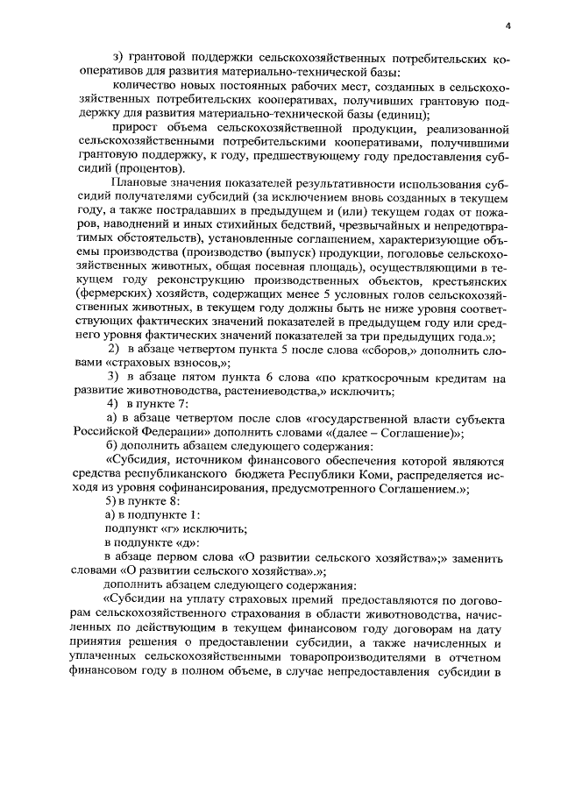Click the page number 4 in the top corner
[508, 26]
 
